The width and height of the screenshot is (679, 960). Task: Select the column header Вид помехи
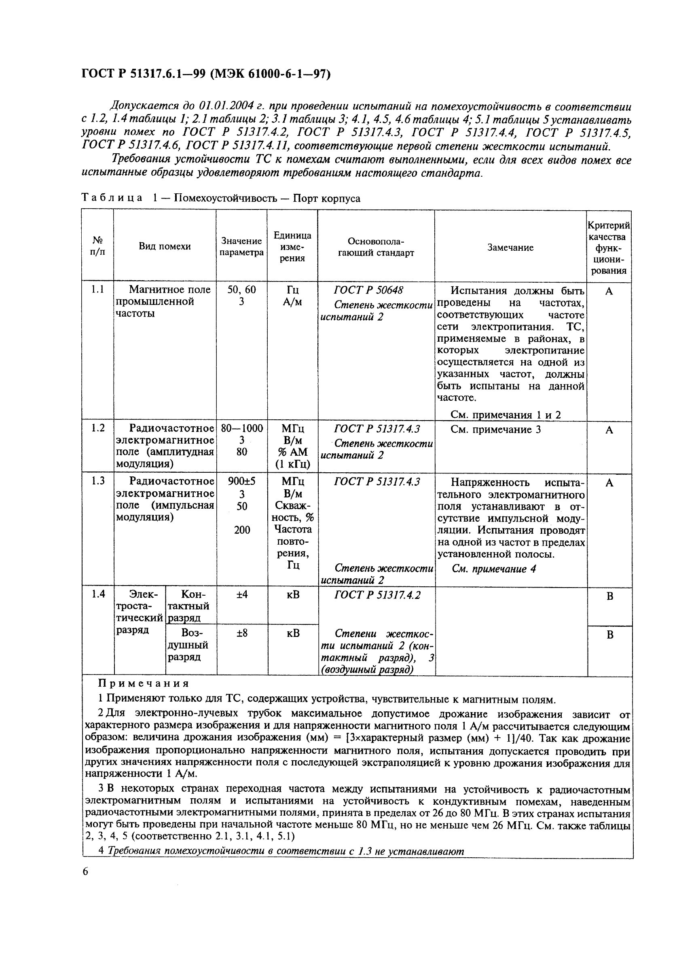165,246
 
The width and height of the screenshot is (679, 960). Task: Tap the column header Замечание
510,247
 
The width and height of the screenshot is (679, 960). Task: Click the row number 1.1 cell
97,290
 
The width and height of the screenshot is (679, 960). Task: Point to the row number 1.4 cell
98,594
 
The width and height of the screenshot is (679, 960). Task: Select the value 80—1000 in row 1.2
242,428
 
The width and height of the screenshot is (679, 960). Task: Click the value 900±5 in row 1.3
242,481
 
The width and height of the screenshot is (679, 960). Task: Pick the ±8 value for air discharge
242,633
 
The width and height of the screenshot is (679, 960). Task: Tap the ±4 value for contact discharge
242,594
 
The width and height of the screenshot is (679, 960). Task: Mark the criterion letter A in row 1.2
609,430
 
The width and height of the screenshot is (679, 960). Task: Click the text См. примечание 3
495,429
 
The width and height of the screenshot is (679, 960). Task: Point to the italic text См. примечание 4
494,569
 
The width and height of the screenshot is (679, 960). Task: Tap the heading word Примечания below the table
144,684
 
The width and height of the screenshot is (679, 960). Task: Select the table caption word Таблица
112,198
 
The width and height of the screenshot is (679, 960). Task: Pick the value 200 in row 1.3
242,530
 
